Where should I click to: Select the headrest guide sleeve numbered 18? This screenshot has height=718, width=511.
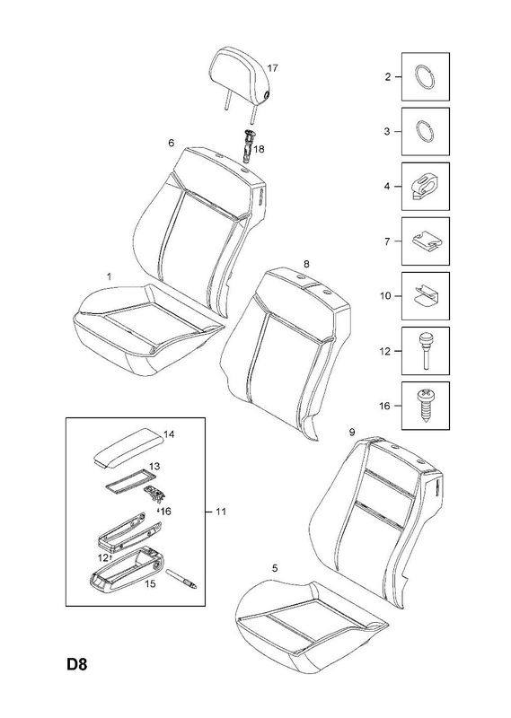pyautogui.click(x=248, y=144)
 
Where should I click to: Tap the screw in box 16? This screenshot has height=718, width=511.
pyautogui.click(x=426, y=406)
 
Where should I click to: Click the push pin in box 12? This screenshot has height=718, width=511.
pyautogui.click(x=426, y=350)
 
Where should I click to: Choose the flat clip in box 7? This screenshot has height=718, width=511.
pyautogui.click(x=425, y=241)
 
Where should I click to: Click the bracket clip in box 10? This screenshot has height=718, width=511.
pyautogui.click(x=426, y=297)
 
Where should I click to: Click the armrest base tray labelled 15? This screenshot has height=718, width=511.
pyautogui.click(x=126, y=569)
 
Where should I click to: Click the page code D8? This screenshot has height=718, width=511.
pyautogui.click(x=76, y=677)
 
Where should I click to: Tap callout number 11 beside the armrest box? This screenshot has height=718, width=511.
pyautogui.click(x=221, y=512)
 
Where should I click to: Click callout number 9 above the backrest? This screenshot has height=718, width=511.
pyautogui.click(x=351, y=432)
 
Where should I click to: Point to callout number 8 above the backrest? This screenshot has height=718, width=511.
pyautogui.click(x=306, y=263)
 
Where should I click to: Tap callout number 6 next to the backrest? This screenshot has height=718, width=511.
pyautogui.click(x=171, y=143)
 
